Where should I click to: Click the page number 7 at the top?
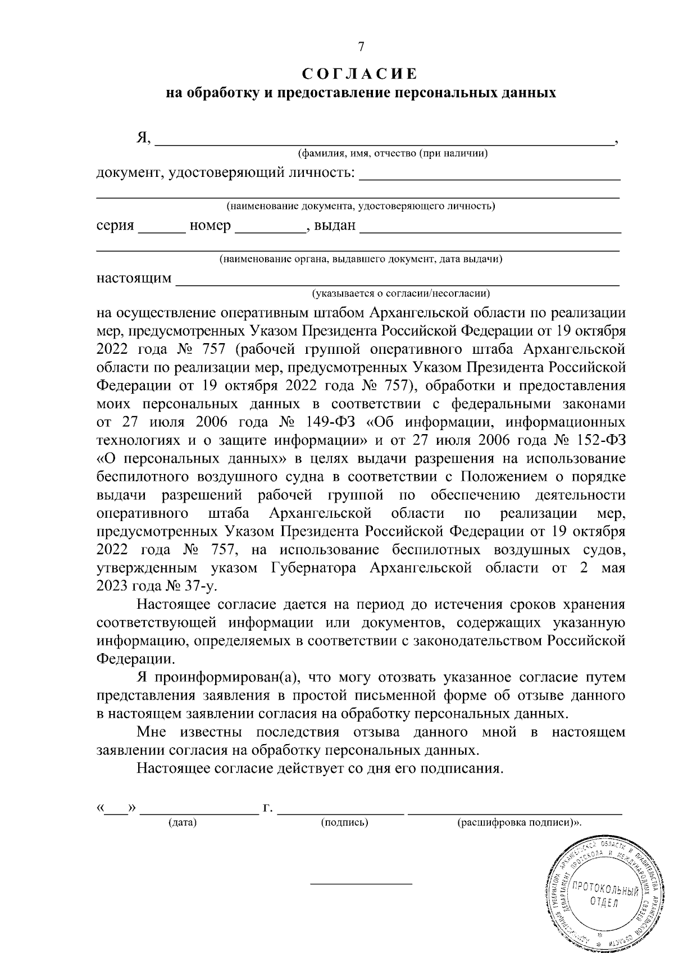click(361, 48)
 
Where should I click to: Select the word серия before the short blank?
click(115, 226)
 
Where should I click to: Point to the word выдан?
click(335, 226)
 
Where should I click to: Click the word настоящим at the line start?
click(134, 279)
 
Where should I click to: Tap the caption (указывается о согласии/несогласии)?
click(401, 293)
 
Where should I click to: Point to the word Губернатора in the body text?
click(315, 567)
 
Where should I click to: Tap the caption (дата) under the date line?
click(182, 823)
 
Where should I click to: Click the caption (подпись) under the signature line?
click(344, 823)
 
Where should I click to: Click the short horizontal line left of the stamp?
click(361, 883)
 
